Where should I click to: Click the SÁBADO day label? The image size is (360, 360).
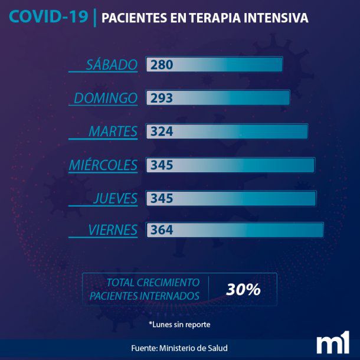(x=111, y=64)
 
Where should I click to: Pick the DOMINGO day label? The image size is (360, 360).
(x=105, y=98)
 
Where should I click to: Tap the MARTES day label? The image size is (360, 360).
(x=113, y=132)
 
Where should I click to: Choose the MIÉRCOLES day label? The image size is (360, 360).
(x=103, y=165)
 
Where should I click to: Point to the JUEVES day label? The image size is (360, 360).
(x=115, y=198)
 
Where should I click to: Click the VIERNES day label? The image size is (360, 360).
(x=112, y=230)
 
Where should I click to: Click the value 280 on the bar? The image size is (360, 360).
(x=162, y=64)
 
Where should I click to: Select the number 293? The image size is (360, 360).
(x=162, y=98)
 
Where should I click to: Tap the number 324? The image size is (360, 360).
(x=162, y=132)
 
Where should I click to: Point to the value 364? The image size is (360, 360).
(x=162, y=230)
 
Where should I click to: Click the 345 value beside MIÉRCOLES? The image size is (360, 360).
(x=162, y=165)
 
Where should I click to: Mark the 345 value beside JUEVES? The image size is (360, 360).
(x=162, y=198)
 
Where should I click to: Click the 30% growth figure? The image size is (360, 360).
(x=243, y=290)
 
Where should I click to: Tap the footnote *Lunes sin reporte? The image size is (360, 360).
(x=179, y=324)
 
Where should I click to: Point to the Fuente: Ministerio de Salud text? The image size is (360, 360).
(x=179, y=348)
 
